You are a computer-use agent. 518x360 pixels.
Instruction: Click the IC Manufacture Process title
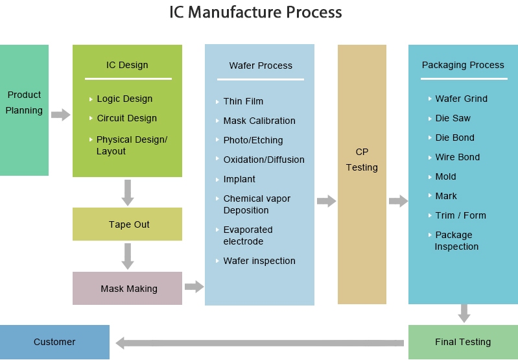click(x=255, y=12)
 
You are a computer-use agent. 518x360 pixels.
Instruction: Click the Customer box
click(x=54, y=342)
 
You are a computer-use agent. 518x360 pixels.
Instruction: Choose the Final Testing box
click(x=463, y=342)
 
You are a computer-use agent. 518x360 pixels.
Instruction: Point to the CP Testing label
click(x=362, y=160)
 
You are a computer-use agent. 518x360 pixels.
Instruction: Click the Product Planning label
click(x=24, y=102)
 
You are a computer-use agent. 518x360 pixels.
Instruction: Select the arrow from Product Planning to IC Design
click(x=60, y=115)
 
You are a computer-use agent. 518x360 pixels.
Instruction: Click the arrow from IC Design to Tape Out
click(x=128, y=192)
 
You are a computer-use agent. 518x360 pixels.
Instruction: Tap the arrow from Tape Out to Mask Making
click(x=128, y=256)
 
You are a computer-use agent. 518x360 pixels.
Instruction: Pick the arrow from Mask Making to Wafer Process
click(x=194, y=286)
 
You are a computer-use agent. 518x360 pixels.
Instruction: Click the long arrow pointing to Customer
click(x=259, y=342)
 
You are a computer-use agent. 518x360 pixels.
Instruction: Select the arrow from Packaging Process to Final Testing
click(x=464, y=313)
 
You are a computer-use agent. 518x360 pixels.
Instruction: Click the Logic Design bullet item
click(x=124, y=99)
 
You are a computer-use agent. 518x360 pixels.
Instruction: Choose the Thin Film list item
click(x=243, y=101)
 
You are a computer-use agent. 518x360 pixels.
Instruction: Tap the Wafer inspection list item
click(x=259, y=261)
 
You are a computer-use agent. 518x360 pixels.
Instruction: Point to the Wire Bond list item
click(x=458, y=157)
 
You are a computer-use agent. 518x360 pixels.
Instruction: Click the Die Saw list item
click(x=453, y=118)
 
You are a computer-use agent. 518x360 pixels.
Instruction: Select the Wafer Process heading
click(x=261, y=66)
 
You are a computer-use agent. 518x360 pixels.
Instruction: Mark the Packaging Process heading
click(x=463, y=65)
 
